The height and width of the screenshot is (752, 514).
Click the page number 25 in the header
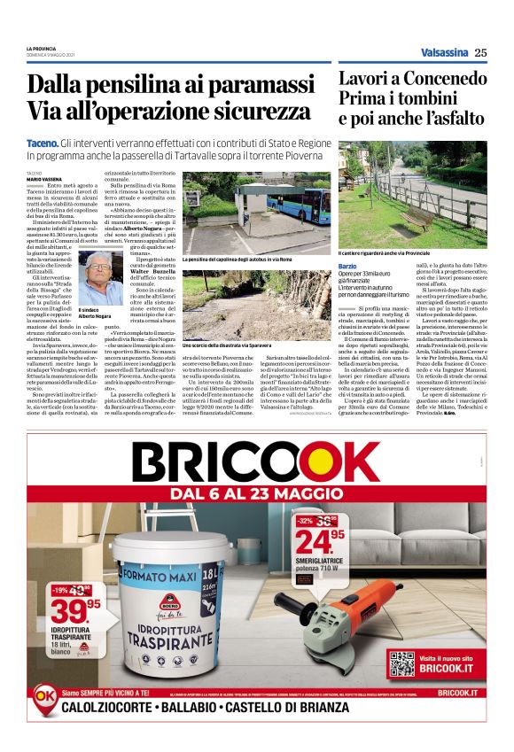pyautogui.click(x=480, y=52)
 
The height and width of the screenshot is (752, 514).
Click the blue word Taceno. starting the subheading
pyautogui.click(x=44, y=143)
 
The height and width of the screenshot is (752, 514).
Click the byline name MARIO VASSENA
pyautogui.click(x=45, y=179)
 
